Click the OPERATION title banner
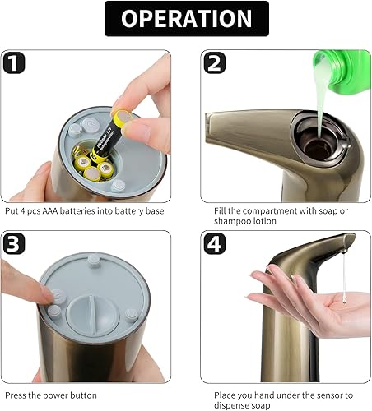pos(186,20)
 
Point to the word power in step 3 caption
pos(49,395)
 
